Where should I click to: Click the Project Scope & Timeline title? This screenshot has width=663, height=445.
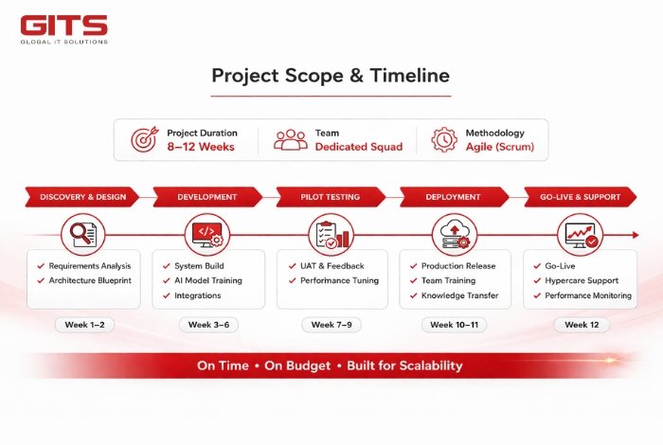point(331,76)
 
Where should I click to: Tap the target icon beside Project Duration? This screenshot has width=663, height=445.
point(144,140)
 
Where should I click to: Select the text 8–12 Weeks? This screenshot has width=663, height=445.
point(201,147)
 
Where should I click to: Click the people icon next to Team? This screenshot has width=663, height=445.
point(290,140)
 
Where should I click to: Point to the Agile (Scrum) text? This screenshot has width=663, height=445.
point(499,147)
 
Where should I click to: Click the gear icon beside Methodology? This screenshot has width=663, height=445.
point(443,140)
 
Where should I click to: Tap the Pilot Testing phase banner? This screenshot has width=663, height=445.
point(331,197)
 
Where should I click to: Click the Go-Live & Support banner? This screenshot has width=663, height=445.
point(581,197)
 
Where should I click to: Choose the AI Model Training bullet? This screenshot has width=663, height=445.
point(207,280)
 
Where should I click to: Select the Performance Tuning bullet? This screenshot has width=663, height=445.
point(339,280)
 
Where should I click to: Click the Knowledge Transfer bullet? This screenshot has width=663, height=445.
point(460,295)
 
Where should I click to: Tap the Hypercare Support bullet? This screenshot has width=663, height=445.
point(582,280)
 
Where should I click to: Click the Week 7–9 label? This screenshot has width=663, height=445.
point(331,325)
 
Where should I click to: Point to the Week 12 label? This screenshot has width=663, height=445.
point(581,325)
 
